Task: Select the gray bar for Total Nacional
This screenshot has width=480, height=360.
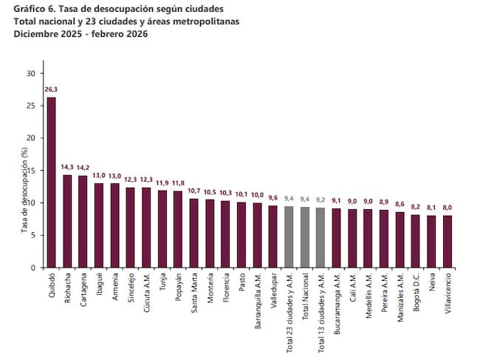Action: (x=305, y=237)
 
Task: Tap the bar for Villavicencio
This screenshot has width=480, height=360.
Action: (x=448, y=241)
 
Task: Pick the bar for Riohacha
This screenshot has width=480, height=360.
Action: (x=67, y=221)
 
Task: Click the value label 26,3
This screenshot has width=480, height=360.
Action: (x=51, y=89)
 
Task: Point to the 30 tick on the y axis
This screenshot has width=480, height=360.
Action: (x=30, y=73)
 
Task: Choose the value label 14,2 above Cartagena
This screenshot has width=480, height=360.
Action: (x=83, y=167)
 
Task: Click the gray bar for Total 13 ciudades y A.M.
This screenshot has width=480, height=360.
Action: (x=320, y=237)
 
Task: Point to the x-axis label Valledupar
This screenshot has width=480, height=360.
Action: (x=274, y=291)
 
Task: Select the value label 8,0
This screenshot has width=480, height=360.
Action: (x=448, y=208)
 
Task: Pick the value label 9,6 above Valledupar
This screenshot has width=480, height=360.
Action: (x=273, y=197)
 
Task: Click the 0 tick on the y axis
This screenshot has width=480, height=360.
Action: (x=32, y=268)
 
